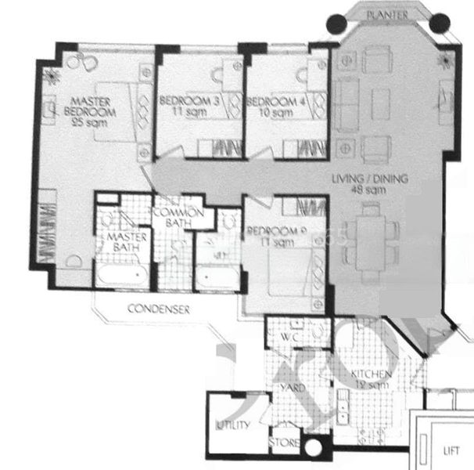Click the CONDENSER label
click(x=159, y=309)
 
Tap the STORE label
click(x=284, y=444)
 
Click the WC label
click(x=288, y=337)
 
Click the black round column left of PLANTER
click(x=338, y=24)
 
